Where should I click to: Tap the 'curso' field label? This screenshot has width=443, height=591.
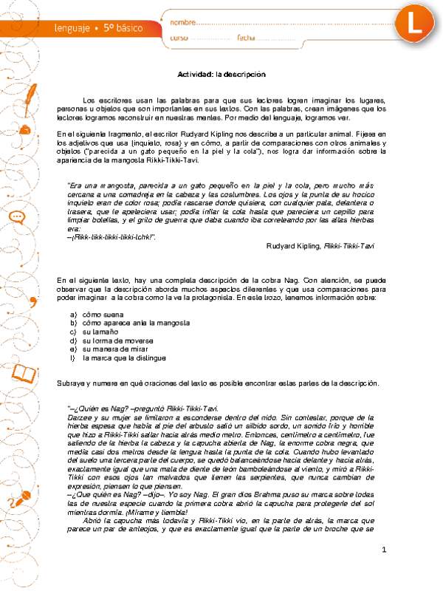[179, 38]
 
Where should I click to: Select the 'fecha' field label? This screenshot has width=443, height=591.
[246, 38]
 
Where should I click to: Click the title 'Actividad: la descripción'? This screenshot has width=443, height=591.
[221, 74]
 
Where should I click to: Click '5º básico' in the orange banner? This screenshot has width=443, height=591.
[122, 28]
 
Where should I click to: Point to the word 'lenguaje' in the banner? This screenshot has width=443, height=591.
[72, 28]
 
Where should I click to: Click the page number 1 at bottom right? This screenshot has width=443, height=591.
[385, 571]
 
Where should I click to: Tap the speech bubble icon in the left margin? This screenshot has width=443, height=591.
[17, 217]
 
